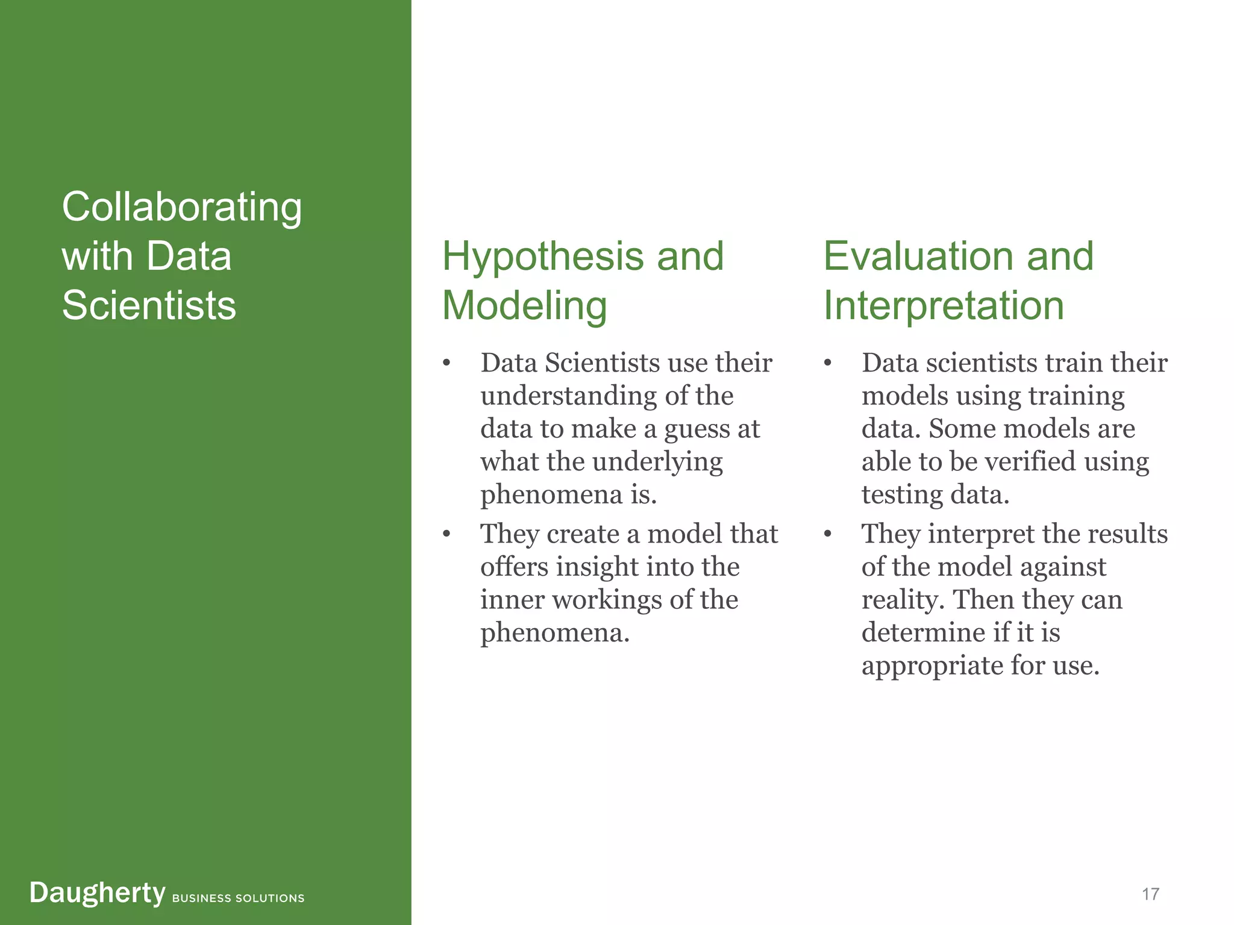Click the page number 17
pos(1150,894)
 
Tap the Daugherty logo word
pos(97,893)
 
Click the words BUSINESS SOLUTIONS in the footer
pos(238,899)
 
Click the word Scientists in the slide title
pos(149,305)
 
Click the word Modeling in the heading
pos(524,306)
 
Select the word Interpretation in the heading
pos(944,306)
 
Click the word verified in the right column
pos(1031,462)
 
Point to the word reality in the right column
pos(903,600)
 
